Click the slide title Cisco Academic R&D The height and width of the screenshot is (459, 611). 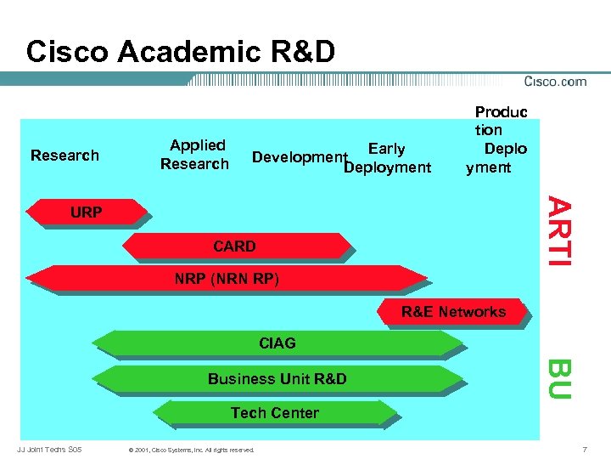pyautogui.click(x=180, y=52)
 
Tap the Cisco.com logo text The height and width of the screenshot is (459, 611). pyautogui.click(x=555, y=82)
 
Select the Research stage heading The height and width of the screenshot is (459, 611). pyautogui.click(x=64, y=156)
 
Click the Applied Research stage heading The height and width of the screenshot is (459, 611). pyautogui.click(x=196, y=155)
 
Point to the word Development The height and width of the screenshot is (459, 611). pyautogui.click(x=299, y=157)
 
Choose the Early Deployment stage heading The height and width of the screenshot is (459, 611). pyautogui.click(x=387, y=159)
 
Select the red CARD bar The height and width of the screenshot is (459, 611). pyautogui.click(x=235, y=246)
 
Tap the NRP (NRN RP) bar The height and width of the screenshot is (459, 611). pyautogui.click(x=227, y=279)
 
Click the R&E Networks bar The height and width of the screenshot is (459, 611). pyautogui.click(x=453, y=313)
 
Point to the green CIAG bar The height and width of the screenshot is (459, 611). pyautogui.click(x=277, y=343)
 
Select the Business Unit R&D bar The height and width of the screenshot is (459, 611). pyautogui.click(x=277, y=379)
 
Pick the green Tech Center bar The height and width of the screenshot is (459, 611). pyautogui.click(x=275, y=413)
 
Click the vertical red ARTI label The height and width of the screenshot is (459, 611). pyautogui.click(x=556, y=230)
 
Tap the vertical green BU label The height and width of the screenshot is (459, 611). pyautogui.click(x=557, y=379)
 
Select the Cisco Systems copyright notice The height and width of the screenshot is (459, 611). pyautogui.click(x=188, y=449)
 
